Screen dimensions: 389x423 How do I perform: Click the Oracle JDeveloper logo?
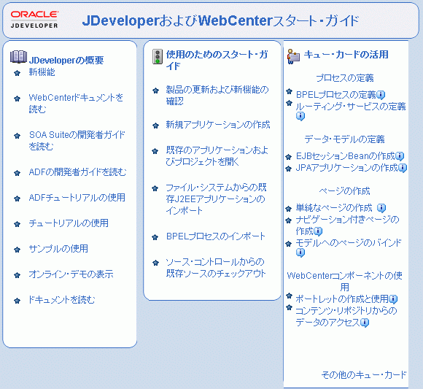[x=35, y=19]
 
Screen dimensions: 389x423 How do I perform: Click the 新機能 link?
[x=42, y=72]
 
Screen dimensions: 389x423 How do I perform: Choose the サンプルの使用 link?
[x=58, y=249]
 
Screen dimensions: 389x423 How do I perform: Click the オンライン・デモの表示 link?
[x=71, y=274]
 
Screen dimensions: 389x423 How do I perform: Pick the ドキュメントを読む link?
[x=62, y=300]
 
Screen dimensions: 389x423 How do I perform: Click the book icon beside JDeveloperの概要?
[x=18, y=58]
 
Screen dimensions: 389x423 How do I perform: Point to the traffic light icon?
[x=157, y=58]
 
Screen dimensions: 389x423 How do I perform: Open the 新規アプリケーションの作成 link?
[x=217, y=125]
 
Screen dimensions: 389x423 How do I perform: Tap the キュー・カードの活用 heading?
[x=346, y=55]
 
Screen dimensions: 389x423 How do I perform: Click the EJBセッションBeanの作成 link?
[x=345, y=156]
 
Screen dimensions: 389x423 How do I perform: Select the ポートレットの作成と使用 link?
[x=341, y=299]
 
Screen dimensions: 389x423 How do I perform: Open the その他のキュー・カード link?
[x=364, y=375]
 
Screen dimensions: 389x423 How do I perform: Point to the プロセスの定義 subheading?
[x=344, y=78]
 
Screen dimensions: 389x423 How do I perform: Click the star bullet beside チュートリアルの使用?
[x=18, y=223]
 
